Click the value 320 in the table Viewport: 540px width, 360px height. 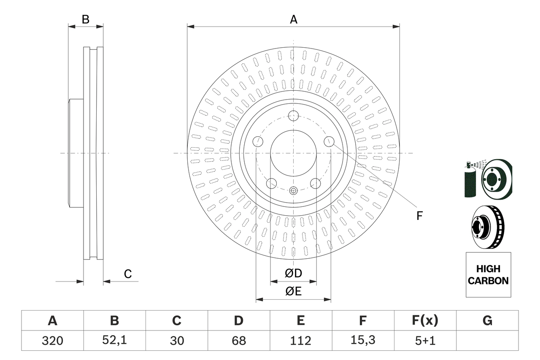[x=52, y=341]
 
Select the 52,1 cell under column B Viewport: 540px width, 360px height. [x=114, y=341]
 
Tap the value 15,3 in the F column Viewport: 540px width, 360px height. [x=362, y=341]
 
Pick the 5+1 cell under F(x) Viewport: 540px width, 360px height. [x=424, y=341]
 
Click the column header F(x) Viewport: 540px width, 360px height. [x=424, y=321]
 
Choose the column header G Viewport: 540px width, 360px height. [x=487, y=321]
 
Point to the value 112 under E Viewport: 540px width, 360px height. [x=300, y=341]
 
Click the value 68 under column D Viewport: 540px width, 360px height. [x=238, y=341]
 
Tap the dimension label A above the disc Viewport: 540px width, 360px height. [x=293, y=19]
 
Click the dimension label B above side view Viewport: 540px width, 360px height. [x=86, y=19]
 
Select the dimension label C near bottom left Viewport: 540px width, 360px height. [x=128, y=274]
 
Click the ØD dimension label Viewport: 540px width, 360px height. [x=293, y=274]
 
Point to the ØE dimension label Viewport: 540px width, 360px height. [x=293, y=292]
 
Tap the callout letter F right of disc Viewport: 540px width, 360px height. [x=419, y=216]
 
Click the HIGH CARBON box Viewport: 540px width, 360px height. [x=488, y=275]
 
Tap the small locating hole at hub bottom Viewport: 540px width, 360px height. [x=293, y=190]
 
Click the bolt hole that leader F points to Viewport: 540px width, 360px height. [x=329, y=142]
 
